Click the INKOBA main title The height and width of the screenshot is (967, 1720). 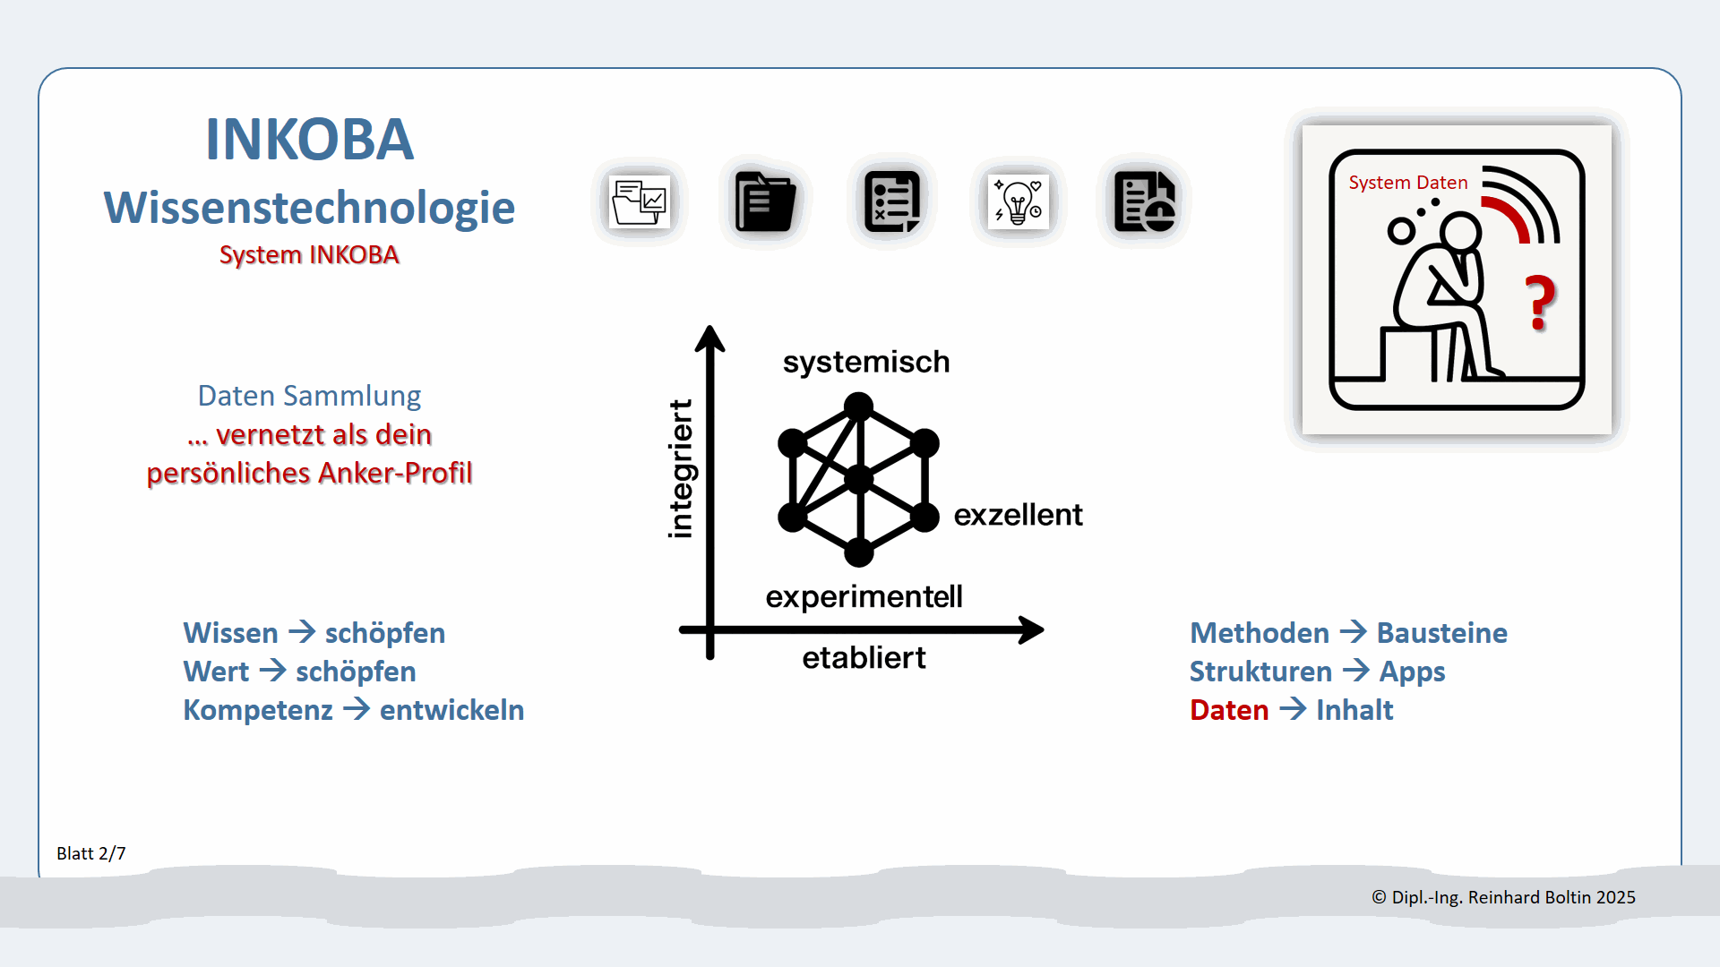click(x=309, y=140)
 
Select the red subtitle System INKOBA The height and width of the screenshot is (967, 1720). click(x=309, y=255)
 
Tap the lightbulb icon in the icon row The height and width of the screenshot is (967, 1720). click(x=1018, y=202)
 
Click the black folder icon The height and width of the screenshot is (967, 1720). click(x=764, y=202)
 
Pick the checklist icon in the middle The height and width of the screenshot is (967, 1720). click(x=891, y=202)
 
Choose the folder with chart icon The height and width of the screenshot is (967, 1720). click(x=639, y=202)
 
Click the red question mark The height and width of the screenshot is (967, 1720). click(x=1541, y=303)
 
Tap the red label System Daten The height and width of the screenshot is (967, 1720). click(x=1407, y=183)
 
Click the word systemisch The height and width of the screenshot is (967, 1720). click(x=865, y=362)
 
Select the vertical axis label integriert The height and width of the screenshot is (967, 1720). click(x=681, y=468)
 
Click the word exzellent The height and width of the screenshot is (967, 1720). click(x=1018, y=515)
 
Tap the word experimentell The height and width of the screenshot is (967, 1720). click(x=864, y=596)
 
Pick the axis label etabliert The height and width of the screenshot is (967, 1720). click(x=864, y=658)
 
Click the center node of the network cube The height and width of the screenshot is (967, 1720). click(x=859, y=480)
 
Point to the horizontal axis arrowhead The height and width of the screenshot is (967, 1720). click(x=1032, y=629)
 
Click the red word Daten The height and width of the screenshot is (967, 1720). click(x=1229, y=710)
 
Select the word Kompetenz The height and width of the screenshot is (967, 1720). click(x=258, y=710)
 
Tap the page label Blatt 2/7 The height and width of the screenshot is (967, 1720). click(x=91, y=853)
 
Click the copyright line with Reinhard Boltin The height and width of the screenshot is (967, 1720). click(x=1503, y=897)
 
